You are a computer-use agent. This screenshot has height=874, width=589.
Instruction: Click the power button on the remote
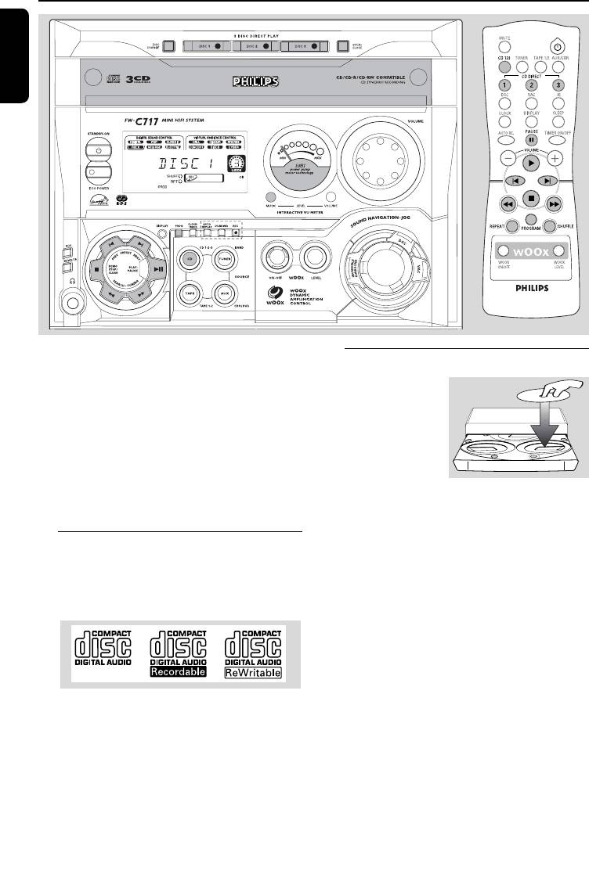[558, 45]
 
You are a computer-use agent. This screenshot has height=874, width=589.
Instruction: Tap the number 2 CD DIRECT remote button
[533, 85]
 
